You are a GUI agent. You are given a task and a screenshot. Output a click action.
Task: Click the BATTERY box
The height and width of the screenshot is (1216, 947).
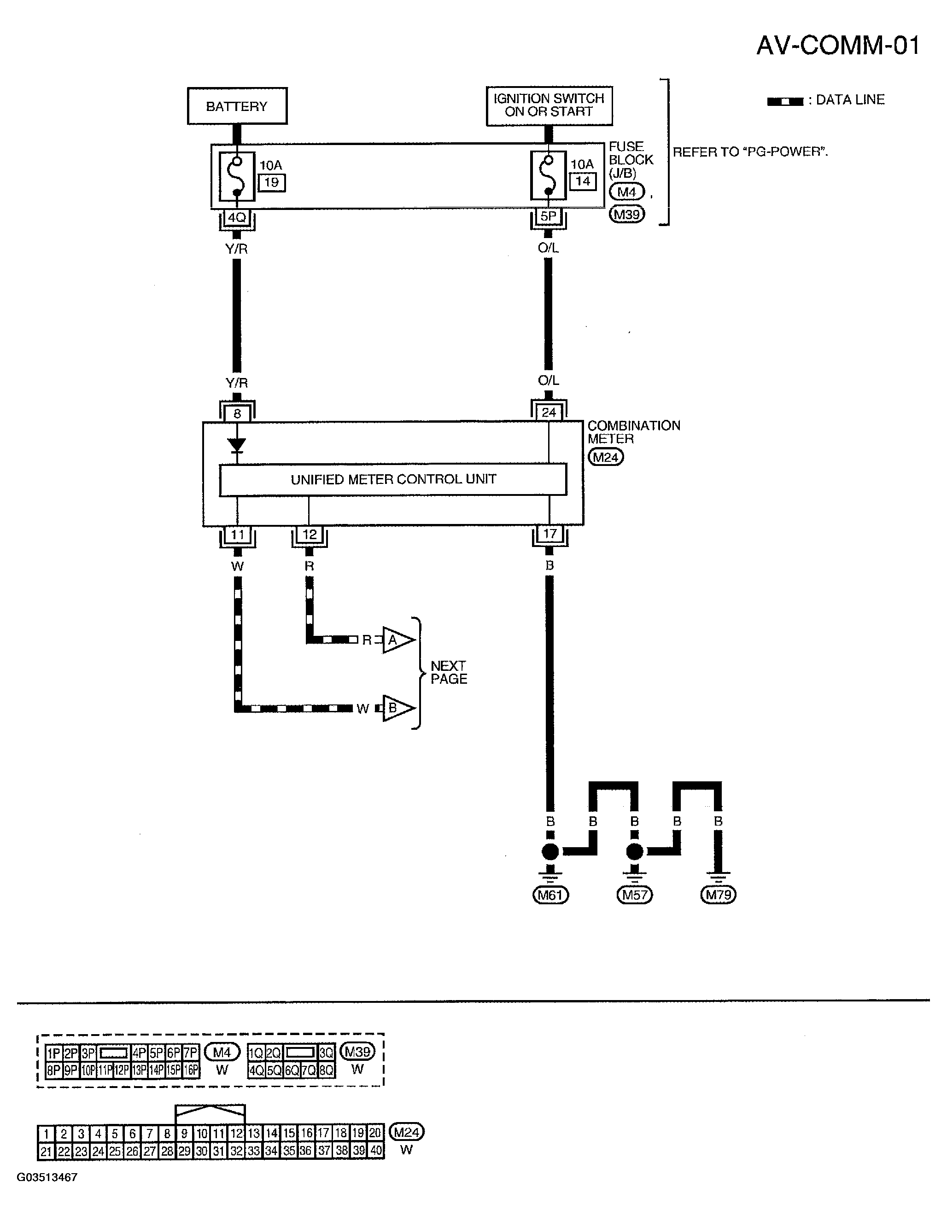(x=237, y=106)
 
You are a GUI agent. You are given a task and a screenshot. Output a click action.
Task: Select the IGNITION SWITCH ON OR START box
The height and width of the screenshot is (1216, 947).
(x=549, y=105)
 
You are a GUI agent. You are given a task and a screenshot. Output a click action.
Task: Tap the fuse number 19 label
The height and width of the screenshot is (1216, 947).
(x=271, y=183)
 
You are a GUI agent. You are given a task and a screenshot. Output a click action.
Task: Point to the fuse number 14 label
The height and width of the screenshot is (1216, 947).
(x=583, y=181)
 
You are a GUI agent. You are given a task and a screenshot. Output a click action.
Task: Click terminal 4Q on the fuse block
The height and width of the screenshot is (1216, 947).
(x=237, y=217)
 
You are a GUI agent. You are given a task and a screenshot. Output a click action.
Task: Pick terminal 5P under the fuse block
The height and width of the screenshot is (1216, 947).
(x=548, y=216)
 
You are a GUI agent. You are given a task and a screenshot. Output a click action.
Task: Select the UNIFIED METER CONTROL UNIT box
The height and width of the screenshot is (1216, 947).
(x=393, y=479)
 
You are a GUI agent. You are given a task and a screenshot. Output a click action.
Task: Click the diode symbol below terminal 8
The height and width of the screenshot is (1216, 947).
(x=237, y=445)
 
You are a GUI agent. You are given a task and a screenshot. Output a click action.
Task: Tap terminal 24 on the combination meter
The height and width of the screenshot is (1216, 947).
(x=549, y=413)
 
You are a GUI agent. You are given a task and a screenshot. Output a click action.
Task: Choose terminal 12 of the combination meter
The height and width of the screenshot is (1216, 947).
(x=309, y=535)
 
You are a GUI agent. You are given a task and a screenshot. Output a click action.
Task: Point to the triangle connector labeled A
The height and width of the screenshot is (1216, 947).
(x=397, y=640)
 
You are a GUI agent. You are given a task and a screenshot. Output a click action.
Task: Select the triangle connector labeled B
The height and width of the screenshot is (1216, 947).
(x=397, y=708)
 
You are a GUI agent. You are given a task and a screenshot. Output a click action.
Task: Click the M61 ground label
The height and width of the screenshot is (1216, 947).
(x=550, y=895)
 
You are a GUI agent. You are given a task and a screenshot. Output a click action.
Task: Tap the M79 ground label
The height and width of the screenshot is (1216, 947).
(x=718, y=895)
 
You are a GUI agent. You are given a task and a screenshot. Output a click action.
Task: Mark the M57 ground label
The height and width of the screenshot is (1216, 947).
(x=635, y=895)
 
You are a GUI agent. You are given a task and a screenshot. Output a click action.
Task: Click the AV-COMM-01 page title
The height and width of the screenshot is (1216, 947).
(x=838, y=45)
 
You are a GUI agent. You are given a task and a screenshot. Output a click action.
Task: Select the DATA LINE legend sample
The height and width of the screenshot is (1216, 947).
(x=785, y=101)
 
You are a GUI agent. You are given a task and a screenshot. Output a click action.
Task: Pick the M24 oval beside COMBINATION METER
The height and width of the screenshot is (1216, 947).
(x=606, y=458)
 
